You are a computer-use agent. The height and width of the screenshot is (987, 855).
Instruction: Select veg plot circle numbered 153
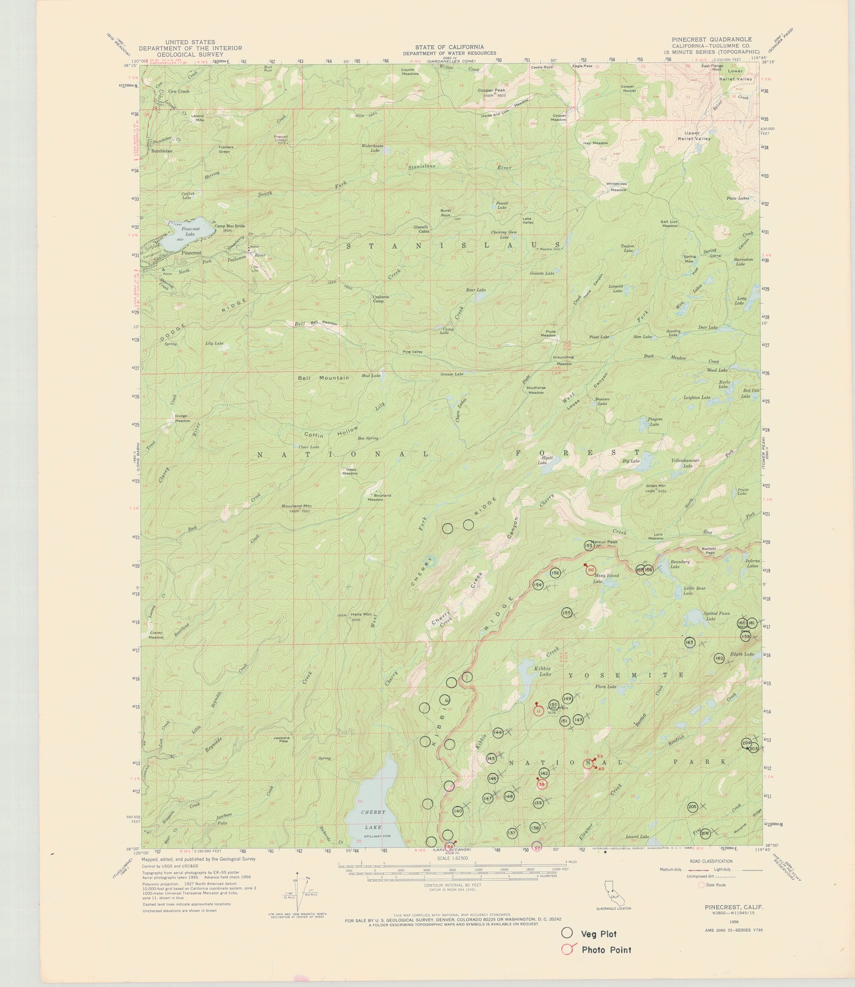point(588,546)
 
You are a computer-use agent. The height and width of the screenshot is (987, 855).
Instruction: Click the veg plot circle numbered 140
point(458,811)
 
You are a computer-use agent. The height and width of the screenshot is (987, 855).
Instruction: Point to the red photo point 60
point(591,570)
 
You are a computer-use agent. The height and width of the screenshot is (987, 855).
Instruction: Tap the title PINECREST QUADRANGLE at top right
point(711,39)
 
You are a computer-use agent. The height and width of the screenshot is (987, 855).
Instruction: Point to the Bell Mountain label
point(323,378)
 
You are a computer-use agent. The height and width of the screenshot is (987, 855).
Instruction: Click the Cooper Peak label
point(491,91)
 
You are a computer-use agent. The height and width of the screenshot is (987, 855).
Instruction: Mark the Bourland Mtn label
point(296,506)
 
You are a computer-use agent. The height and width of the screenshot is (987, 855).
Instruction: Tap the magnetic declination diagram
point(297,894)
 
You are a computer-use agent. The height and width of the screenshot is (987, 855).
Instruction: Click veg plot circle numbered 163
point(690,642)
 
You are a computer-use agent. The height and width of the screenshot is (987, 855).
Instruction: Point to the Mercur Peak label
point(605,542)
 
